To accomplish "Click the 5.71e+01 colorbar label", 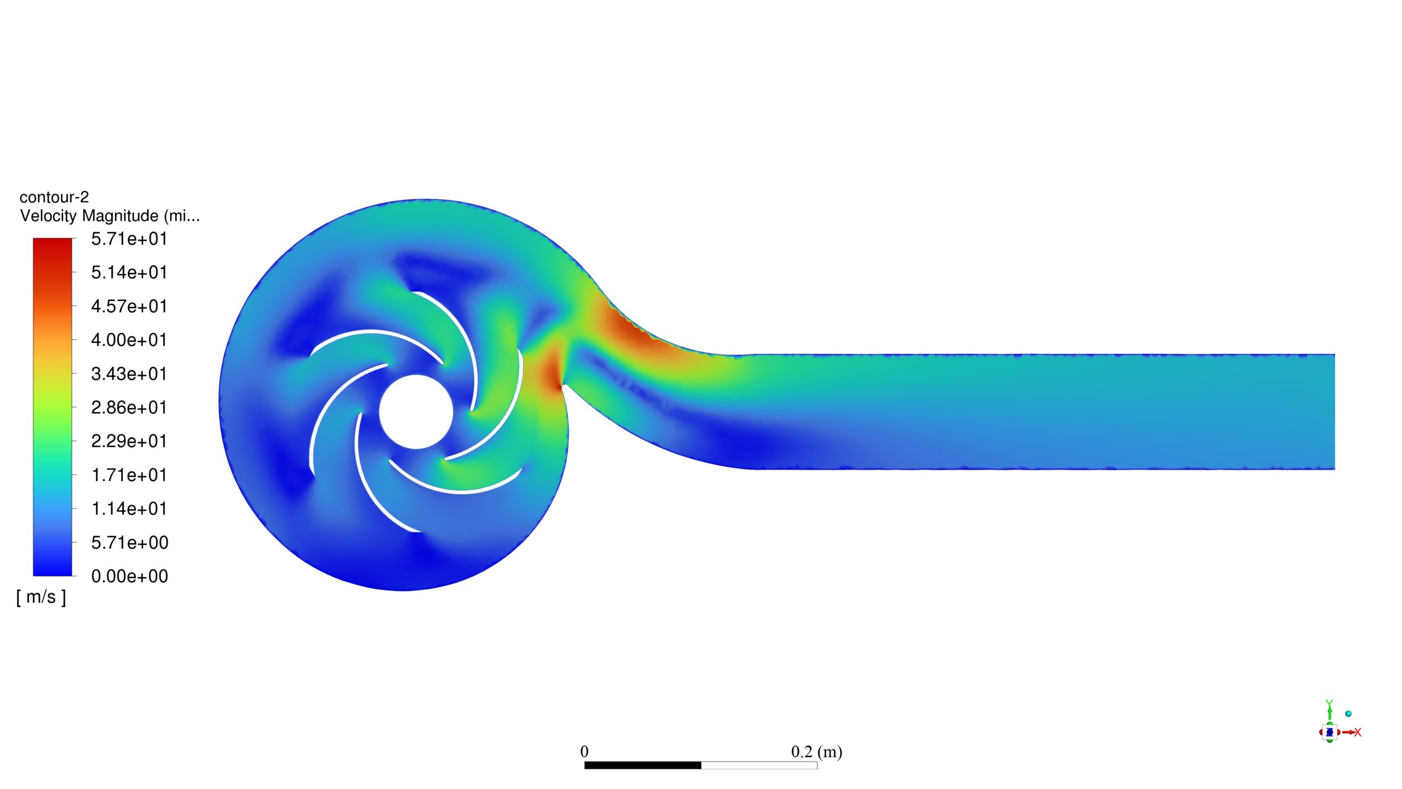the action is (x=129, y=239).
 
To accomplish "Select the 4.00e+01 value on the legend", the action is (x=129, y=340).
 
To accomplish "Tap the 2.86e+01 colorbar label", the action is (x=129, y=408).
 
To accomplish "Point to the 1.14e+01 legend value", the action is (x=129, y=508).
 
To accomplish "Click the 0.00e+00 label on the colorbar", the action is (x=129, y=576).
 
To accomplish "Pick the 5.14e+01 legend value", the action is (x=129, y=272).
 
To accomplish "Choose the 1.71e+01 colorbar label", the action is (x=129, y=475).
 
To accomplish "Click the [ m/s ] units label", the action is (x=41, y=597).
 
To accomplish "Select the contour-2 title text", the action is (x=54, y=197).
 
